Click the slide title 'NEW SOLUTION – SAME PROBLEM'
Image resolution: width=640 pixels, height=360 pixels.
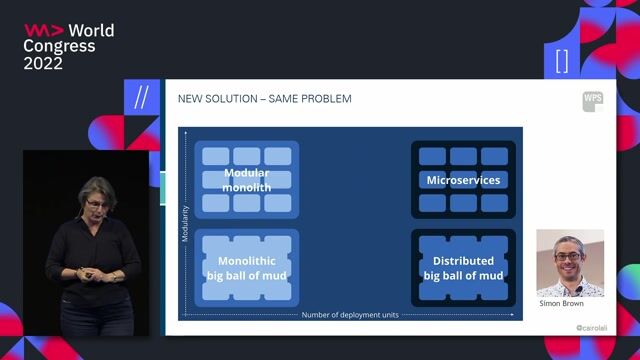click(264, 99)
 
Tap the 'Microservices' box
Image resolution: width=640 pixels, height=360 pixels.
click(463, 180)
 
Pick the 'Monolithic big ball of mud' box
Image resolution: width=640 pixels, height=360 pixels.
click(247, 267)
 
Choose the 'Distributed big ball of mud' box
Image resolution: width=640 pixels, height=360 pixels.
click(463, 267)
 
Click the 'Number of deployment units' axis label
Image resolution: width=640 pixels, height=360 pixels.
click(349, 315)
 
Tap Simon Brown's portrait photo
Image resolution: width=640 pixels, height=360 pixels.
click(570, 263)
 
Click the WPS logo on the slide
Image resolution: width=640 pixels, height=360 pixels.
click(593, 101)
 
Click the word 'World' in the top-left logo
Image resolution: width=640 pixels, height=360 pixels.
click(91, 31)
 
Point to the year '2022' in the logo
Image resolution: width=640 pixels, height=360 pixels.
click(43, 63)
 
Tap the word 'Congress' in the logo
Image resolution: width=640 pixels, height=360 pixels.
click(59, 47)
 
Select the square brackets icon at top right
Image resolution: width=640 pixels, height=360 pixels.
click(561, 60)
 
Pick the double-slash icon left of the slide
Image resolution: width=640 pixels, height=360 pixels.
click(141, 97)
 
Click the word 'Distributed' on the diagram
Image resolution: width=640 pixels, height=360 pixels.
click(463, 261)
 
